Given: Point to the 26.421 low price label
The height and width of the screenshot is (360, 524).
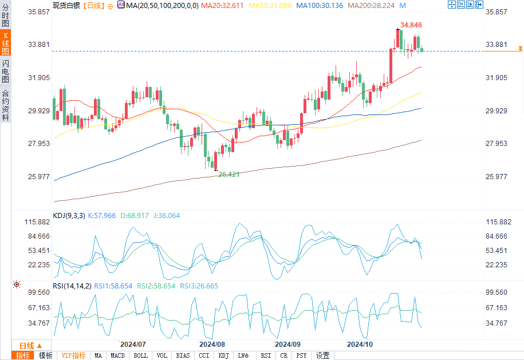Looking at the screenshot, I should tap(228, 174).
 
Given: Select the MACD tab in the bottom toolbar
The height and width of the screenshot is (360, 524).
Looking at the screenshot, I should tap(117, 355).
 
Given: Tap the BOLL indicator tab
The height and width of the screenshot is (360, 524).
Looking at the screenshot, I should tap(140, 355).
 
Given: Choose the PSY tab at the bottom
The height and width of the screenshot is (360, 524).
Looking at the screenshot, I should tap(301, 355).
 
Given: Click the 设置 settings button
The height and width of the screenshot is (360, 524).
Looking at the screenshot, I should tap(322, 355).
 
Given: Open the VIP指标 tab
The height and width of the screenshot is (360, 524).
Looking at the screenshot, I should tap(73, 355).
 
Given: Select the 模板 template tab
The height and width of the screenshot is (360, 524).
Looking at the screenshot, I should tap(45, 355).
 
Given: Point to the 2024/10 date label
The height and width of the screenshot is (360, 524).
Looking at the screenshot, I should tap(361, 345).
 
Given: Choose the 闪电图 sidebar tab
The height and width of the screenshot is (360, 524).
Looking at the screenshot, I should tap(5, 72).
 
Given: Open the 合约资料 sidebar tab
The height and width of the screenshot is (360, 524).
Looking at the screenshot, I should tap(5, 105).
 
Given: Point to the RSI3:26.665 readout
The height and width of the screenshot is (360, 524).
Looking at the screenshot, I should tap(199, 286).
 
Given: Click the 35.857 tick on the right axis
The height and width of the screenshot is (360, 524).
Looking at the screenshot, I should tap(496, 12).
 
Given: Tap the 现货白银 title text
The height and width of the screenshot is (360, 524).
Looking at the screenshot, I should tap(66, 5).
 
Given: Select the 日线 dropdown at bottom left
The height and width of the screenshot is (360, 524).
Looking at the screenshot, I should tap(30, 346).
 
